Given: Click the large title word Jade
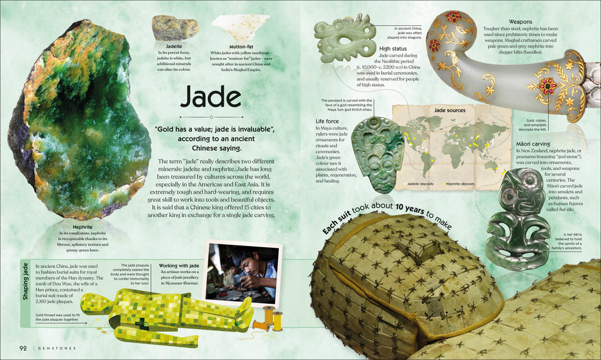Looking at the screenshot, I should tap(211, 98).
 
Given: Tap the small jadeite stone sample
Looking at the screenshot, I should tap(167, 27).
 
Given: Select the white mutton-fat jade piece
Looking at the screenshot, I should tap(239, 27).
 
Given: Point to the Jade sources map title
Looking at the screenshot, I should tap(450, 110).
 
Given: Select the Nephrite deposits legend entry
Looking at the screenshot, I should tap(459, 184).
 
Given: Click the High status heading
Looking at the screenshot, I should tap(393, 49).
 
